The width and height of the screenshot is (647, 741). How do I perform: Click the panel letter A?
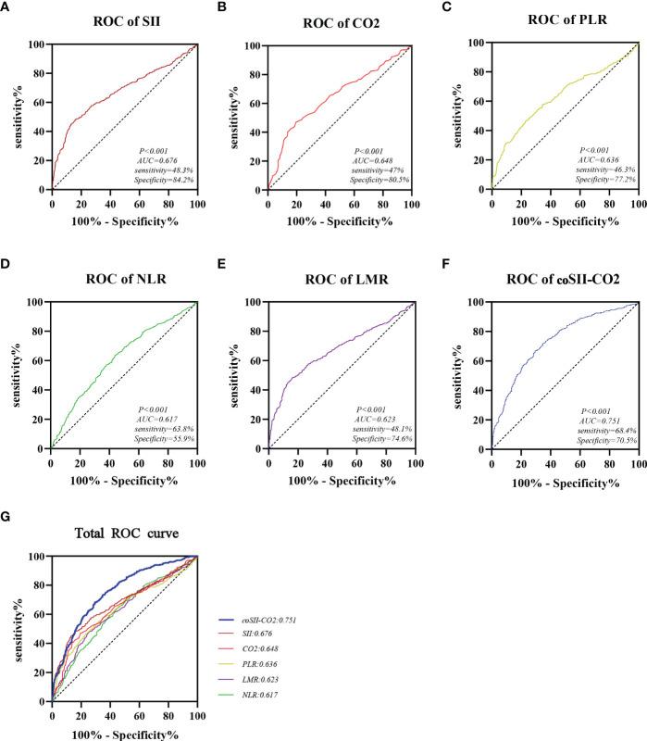8,7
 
